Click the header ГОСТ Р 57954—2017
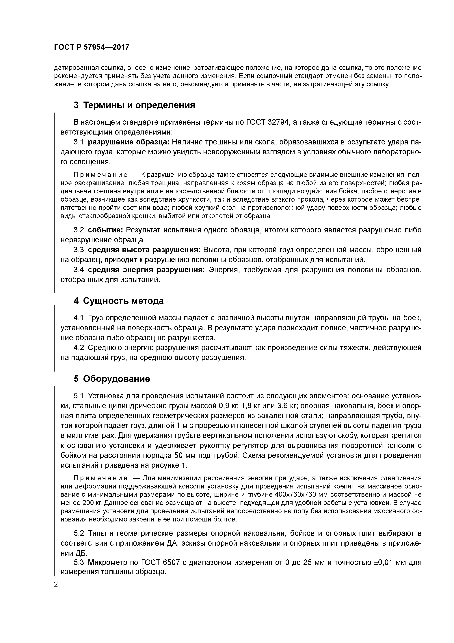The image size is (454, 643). tap(92, 47)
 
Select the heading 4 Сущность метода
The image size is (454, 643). tap(119, 301)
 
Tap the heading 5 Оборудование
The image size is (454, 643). tap(112, 379)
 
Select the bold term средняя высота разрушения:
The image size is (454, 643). tap(144, 250)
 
